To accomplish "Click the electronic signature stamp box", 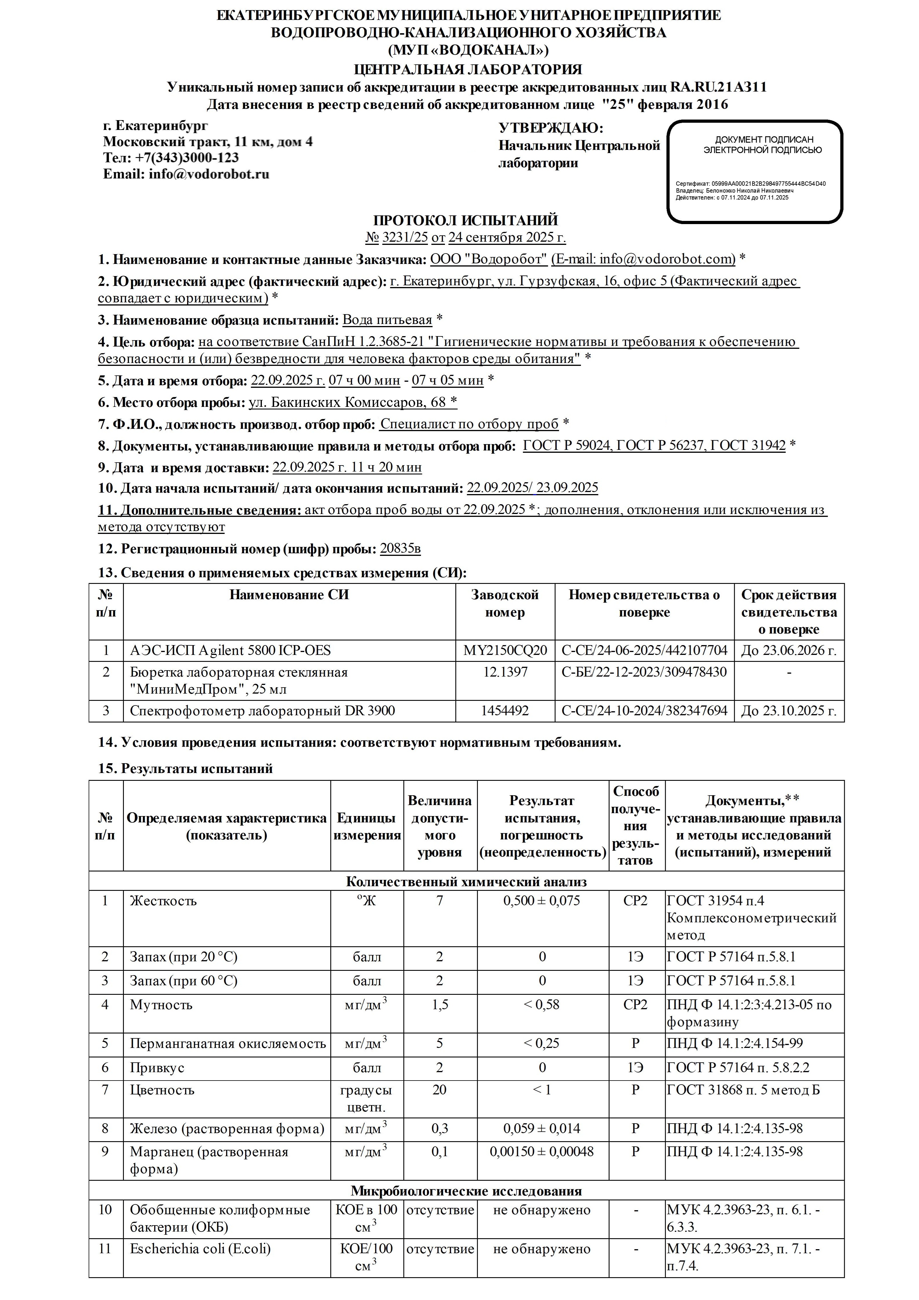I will pos(754,171).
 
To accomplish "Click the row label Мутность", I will pos(161,1004).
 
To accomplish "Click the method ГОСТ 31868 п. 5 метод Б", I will pos(743,1090).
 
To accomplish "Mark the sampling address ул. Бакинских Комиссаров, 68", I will pos(347,403).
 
